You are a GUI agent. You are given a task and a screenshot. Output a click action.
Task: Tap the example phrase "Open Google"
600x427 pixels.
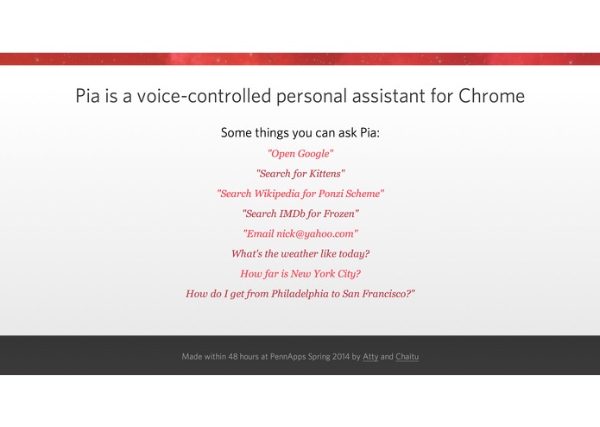[300, 153]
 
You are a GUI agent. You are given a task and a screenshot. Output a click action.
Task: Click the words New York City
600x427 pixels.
[325, 274]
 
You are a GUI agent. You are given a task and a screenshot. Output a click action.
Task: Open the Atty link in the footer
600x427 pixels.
[370, 356]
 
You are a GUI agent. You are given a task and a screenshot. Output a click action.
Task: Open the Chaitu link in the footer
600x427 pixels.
[407, 356]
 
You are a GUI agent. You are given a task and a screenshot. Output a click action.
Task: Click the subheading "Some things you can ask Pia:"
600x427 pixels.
[300, 133]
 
